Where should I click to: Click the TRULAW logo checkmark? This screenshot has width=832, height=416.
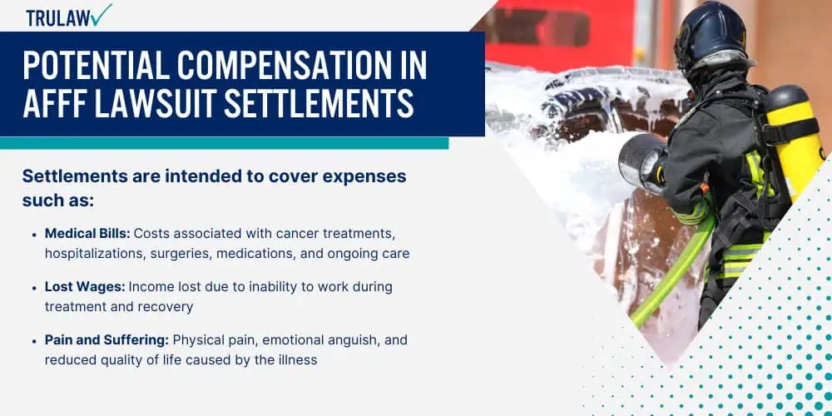point(101,14)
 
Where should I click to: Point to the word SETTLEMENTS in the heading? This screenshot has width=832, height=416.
point(319,104)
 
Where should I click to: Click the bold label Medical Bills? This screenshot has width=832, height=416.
point(87,234)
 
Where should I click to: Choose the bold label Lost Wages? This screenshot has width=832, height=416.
point(85,287)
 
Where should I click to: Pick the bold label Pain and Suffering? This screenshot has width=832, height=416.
point(107,339)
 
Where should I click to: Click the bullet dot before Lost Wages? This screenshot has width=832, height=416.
point(34,288)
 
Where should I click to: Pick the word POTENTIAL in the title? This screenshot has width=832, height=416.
point(96,67)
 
